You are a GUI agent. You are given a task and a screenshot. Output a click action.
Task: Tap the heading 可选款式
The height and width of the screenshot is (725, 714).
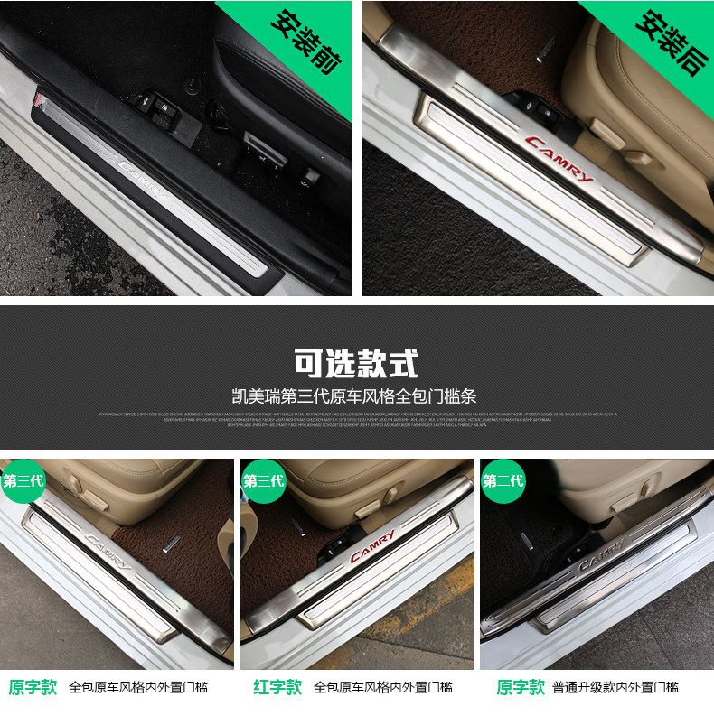coord(356,363)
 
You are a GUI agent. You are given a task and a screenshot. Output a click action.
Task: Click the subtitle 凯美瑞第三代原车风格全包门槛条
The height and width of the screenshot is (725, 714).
coord(356,395)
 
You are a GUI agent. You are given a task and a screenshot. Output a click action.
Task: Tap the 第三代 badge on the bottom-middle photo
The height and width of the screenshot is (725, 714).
coord(264,480)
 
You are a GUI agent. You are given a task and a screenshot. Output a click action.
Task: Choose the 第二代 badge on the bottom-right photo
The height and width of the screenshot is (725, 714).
coord(503,480)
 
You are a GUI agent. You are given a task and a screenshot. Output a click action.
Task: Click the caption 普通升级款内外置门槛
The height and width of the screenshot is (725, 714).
coord(616,688)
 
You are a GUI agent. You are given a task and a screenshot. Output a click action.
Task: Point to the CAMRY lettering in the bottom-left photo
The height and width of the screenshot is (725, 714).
coord(108,549)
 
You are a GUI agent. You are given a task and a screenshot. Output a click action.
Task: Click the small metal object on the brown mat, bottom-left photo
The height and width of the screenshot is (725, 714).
coord(169,544)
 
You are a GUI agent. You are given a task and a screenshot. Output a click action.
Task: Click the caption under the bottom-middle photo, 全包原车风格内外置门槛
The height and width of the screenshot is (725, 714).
coord(383,688)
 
